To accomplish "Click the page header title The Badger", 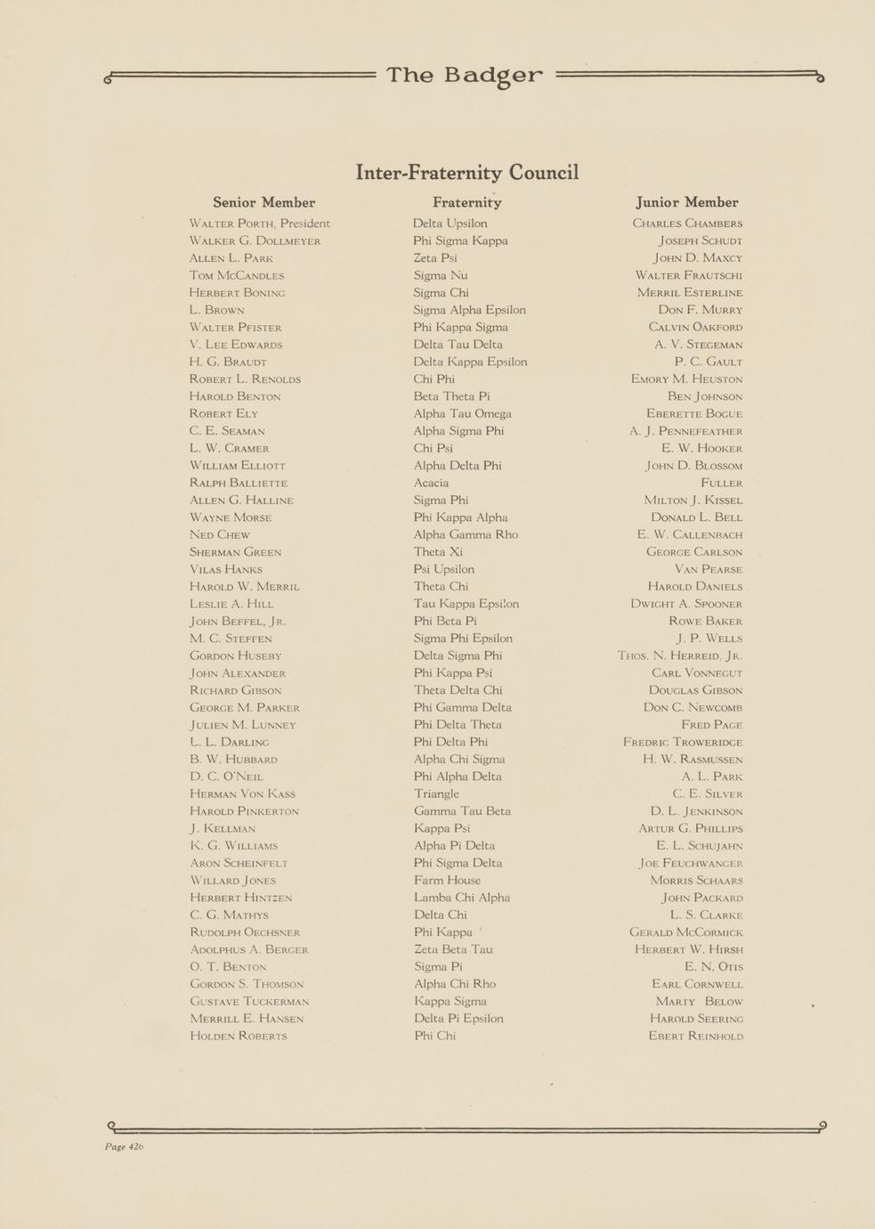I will (x=464, y=76).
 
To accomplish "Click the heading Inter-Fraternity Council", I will (x=467, y=172).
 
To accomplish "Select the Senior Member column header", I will (x=263, y=203).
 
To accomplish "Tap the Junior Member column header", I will (x=686, y=203).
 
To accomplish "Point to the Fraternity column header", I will (x=466, y=203).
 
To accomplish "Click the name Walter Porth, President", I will (x=259, y=224).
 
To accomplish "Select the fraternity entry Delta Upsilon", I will (x=450, y=224).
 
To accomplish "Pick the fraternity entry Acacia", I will (x=431, y=483).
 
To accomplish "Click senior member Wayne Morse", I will (x=231, y=517).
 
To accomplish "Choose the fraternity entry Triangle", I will (x=436, y=794).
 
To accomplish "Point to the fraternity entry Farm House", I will (x=447, y=880).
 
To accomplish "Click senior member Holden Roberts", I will (x=238, y=1036).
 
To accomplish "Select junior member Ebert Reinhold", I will (x=695, y=1036).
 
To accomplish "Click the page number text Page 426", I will (x=124, y=1146).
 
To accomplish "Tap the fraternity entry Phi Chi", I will (x=434, y=1036).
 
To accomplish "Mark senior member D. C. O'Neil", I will (x=226, y=777).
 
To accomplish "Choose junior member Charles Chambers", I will (x=687, y=224).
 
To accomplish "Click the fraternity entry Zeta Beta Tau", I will (x=452, y=949).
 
